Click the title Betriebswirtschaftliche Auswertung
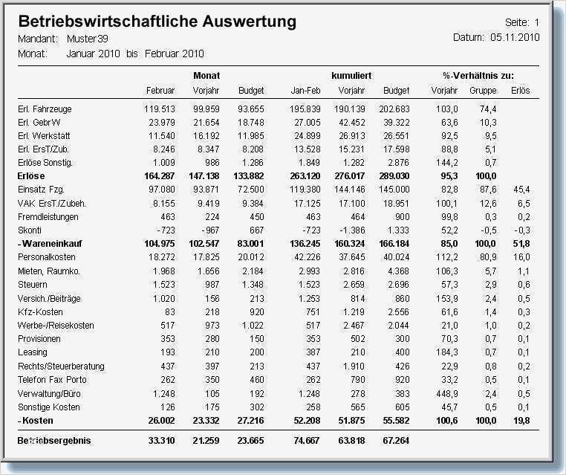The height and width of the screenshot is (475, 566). point(157,22)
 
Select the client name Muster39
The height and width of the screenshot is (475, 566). point(88,39)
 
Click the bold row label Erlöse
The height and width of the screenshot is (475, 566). point(31,177)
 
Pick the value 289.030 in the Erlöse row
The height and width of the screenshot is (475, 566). point(394,177)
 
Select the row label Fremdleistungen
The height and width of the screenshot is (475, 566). point(48,217)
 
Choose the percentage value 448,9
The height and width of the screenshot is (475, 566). point(445,393)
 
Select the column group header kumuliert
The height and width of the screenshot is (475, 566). point(351,76)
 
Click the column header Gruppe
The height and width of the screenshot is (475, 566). point(483,91)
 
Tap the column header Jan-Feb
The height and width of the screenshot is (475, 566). point(305,91)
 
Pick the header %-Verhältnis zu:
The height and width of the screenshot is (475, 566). point(478,76)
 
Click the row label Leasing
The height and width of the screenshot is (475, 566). point(32,352)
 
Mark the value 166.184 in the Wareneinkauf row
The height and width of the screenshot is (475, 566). point(394,245)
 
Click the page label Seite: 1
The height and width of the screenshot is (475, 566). point(521,23)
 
